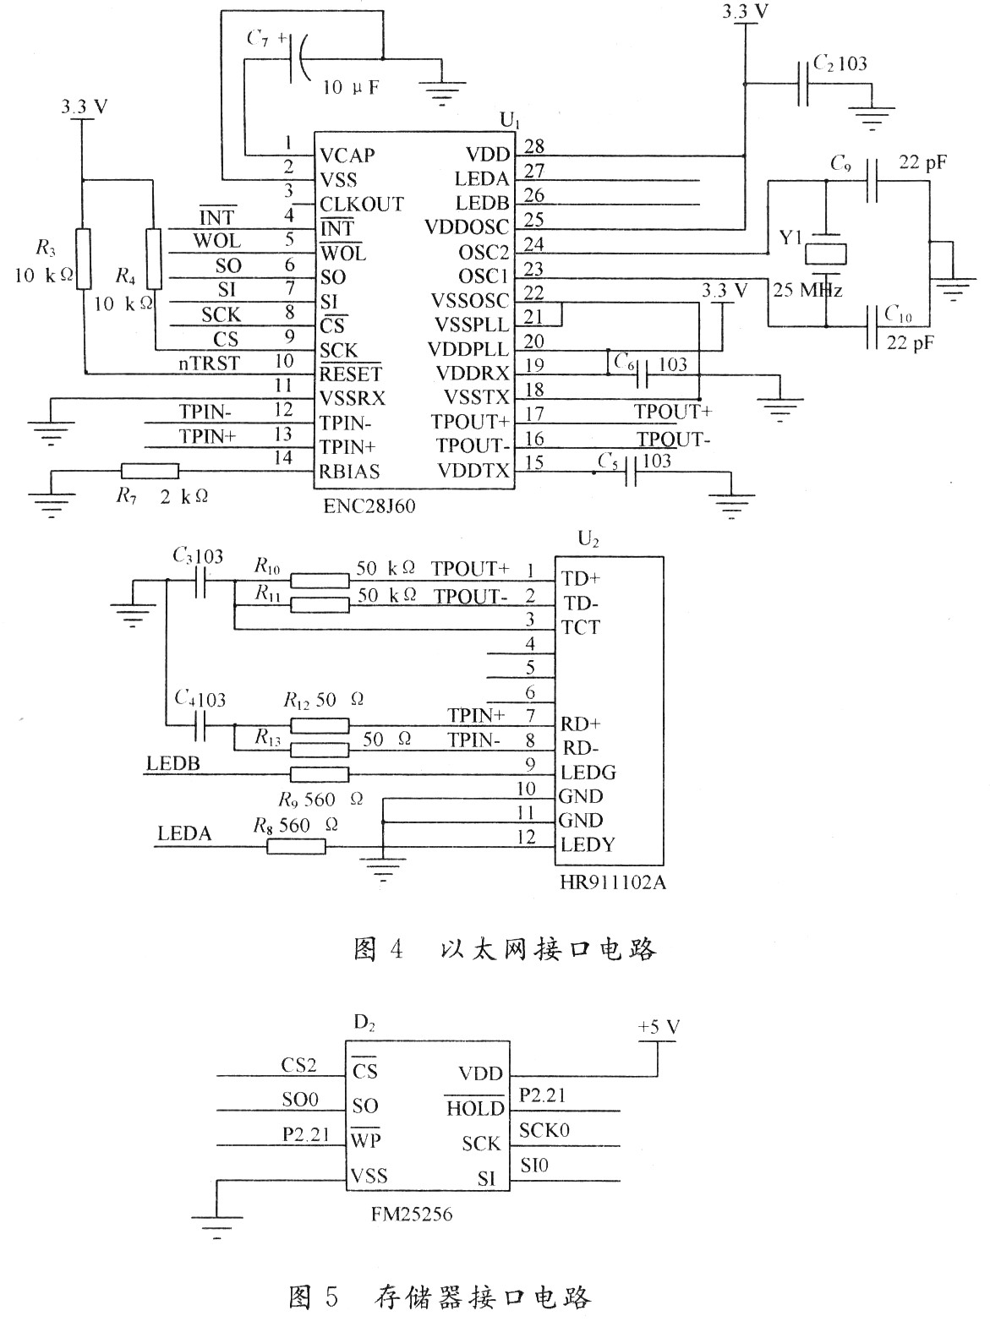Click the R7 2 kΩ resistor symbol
tap(150, 471)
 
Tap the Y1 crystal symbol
tap(825, 254)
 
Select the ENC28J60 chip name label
tap(369, 506)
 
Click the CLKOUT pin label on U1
tap(362, 205)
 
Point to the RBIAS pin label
tap(349, 472)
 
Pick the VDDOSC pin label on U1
tap(467, 227)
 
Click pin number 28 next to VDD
tap(534, 146)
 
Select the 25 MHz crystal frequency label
tap(807, 290)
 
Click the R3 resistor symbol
tap(84, 259)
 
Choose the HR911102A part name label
tap(613, 882)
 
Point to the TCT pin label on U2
tap(581, 627)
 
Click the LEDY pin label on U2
tap(588, 844)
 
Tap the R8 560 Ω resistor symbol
tap(297, 846)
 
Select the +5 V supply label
tap(659, 1027)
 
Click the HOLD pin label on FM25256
tap(475, 1108)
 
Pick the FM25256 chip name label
tap(412, 1214)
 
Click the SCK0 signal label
tap(544, 1131)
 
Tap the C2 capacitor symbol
tap(802, 84)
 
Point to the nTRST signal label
tap(210, 363)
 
